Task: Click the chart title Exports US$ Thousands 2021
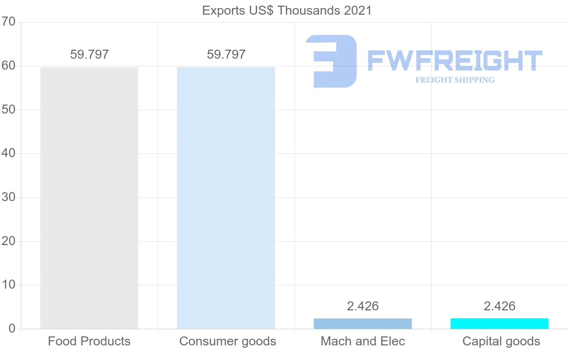[287, 10]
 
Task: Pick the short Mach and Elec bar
[363, 324]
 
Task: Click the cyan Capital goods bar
[499, 324]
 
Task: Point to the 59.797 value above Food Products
[89, 54]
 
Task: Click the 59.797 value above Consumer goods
[226, 54]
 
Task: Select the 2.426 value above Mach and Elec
[363, 306]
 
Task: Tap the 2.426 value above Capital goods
[499, 306]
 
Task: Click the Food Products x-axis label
[89, 341]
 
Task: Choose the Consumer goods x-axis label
[228, 341]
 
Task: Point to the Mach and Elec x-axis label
[363, 341]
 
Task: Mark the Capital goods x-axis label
[501, 341]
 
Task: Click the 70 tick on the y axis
[9, 22]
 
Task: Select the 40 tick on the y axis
[9, 154]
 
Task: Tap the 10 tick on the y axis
[9, 285]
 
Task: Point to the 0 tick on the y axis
[12, 329]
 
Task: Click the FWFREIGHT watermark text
[454, 61]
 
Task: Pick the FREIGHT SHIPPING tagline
[455, 80]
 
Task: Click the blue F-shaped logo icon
[331, 61]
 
